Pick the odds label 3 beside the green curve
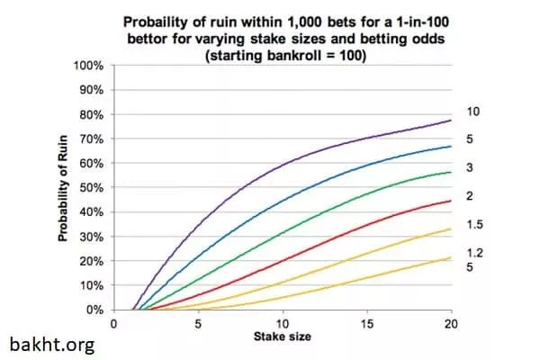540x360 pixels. [x=470, y=167]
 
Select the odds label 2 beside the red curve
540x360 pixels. [x=470, y=196]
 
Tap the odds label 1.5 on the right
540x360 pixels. [x=473, y=225]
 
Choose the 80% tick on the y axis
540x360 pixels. [x=93, y=115]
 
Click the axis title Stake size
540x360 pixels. [x=282, y=336]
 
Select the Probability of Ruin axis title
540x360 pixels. [x=64, y=189]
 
